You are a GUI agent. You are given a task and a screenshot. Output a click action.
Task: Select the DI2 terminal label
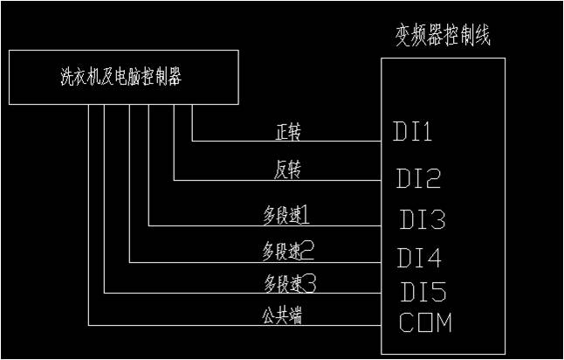[417, 179]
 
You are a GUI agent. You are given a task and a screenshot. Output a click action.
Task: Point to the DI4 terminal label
[419, 259]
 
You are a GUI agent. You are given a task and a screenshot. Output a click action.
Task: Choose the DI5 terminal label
[423, 291]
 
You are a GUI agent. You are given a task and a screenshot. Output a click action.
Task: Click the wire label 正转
[288, 134]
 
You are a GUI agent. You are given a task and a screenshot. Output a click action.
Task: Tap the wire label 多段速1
[286, 212]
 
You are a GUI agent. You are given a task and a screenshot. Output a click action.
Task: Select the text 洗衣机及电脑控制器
[120, 77]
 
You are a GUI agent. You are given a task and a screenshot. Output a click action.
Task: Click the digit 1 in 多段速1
[306, 212]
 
